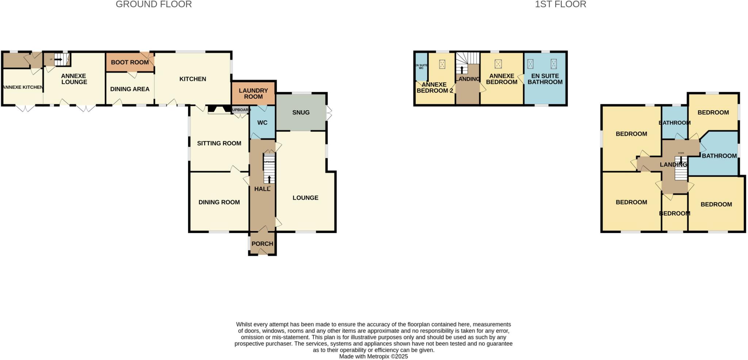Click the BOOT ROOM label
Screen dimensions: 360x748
[130, 62]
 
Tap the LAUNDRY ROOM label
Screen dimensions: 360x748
[253, 93]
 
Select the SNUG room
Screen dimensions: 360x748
[301, 112]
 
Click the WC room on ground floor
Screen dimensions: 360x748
[262, 123]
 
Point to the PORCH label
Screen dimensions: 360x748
[262, 244]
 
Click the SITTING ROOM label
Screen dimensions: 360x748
[219, 143]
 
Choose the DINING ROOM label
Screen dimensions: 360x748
[219, 202]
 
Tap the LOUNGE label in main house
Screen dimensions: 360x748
[305, 198]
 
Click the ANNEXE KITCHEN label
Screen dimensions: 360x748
[23, 88]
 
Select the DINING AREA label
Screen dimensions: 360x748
[130, 89]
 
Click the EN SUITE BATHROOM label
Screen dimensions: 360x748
[545, 79]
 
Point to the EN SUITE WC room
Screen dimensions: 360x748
[421, 67]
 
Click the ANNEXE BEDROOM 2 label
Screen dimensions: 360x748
[434, 88]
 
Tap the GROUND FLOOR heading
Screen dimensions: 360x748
[153, 4]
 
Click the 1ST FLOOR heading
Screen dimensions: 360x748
[560, 4]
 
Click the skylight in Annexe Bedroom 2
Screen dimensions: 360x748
[442, 64]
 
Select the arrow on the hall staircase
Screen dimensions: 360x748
[270, 179]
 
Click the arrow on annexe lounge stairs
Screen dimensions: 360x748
[58, 59]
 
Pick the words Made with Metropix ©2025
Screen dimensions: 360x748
[373, 356]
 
